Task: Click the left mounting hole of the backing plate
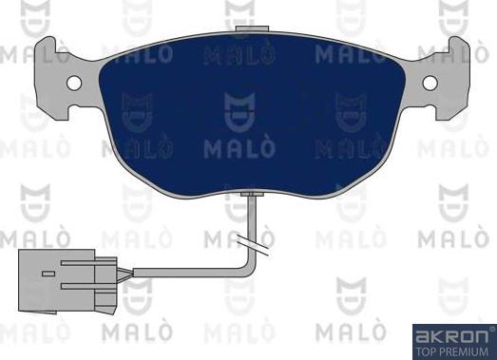(x=73, y=81)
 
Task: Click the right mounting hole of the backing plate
(x=430, y=81)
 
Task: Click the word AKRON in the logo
(x=450, y=334)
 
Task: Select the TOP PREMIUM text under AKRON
(x=450, y=348)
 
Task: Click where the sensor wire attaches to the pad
(x=250, y=195)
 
